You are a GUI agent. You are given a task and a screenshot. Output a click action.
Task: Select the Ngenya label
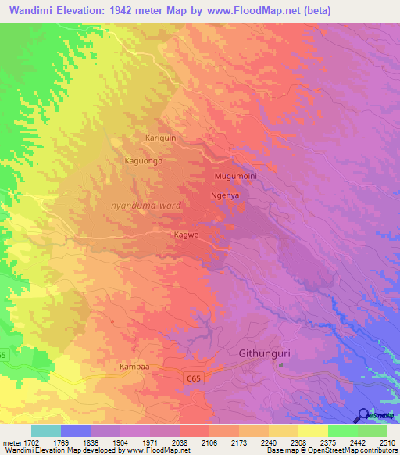[x=224, y=195]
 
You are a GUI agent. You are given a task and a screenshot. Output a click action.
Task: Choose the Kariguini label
[x=162, y=138]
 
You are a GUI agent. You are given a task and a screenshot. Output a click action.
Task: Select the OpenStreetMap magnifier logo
[x=363, y=414]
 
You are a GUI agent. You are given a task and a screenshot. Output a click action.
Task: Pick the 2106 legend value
[x=209, y=442]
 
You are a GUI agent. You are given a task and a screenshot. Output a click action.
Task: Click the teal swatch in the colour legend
[x=46, y=431]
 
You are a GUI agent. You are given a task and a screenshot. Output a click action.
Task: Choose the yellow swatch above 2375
[x=313, y=431]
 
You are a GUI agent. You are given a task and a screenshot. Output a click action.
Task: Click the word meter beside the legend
[x=10, y=442]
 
